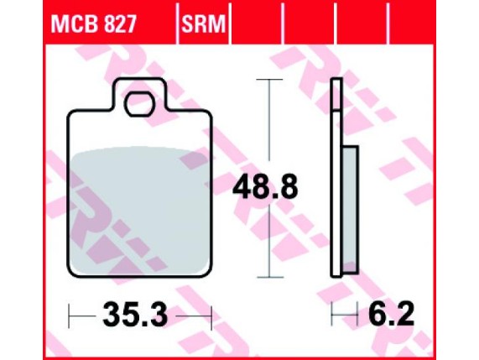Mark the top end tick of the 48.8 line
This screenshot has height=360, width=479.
tap(268, 80)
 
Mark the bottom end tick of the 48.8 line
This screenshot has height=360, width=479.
tap(268, 277)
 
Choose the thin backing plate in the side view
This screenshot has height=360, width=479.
tap(336, 176)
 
